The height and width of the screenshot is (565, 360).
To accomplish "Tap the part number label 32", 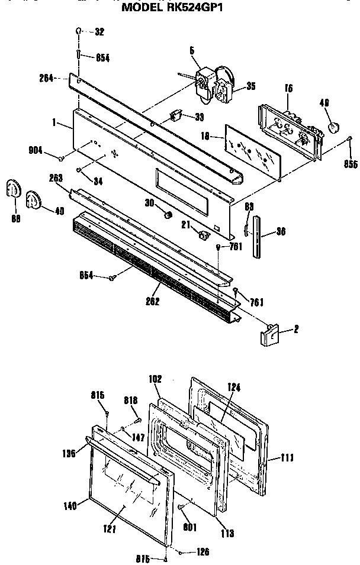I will tap(99, 31).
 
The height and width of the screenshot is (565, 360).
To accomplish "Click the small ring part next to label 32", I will tap(79, 31).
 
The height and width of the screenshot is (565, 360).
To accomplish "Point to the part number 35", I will tap(250, 86).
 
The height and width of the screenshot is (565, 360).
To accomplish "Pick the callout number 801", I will tap(191, 527).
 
